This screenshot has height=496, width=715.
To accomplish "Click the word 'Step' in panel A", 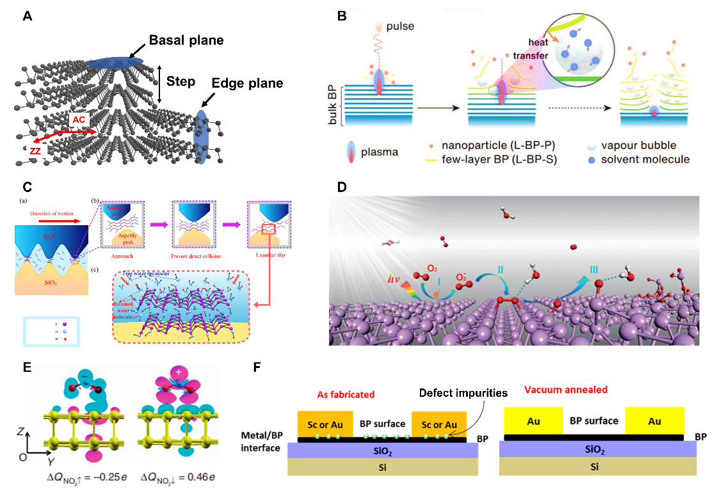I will (181, 81).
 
